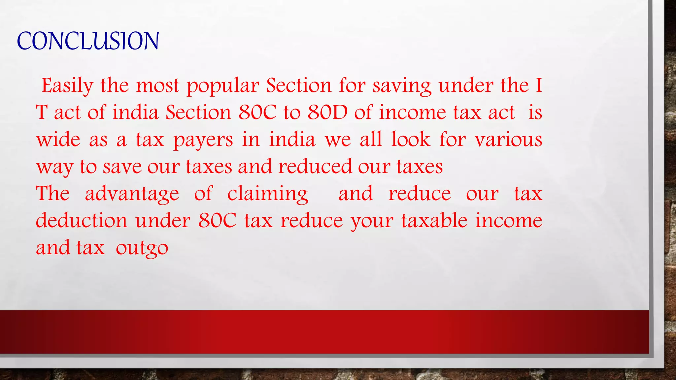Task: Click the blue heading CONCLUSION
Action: click(x=88, y=41)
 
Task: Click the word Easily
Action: click(x=67, y=86)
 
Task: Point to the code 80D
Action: click(x=327, y=112)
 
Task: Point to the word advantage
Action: click(x=132, y=194)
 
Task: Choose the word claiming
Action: click(x=268, y=194)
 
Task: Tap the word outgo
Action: click(x=142, y=248)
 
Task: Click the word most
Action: click(x=157, y=86)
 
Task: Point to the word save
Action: click(x=122, y=167)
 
